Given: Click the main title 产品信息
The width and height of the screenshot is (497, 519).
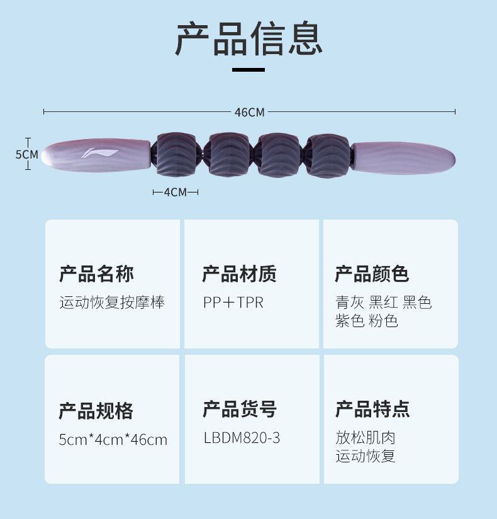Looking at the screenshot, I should click(x=248, y=38).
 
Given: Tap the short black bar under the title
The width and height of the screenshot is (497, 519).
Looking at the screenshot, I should click(x=248, y=69).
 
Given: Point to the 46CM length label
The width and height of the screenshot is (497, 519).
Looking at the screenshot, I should click(x=250, y=113).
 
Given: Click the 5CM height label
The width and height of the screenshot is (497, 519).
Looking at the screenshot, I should click(x=26, y=154).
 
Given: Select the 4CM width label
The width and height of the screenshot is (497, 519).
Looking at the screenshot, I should click(x=176, y=192).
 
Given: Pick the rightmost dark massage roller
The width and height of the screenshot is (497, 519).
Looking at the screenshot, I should click(x=327, y=155).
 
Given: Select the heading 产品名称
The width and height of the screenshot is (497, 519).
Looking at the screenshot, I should click(x=96, y=274).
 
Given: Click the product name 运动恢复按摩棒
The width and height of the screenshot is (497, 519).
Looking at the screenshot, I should click(x=112, y=303).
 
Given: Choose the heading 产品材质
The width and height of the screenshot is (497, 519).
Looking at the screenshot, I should click(x=239, y=274).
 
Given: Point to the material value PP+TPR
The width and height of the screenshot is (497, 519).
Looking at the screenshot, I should click(x=233, y=303).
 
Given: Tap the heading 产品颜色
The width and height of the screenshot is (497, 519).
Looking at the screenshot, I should click(x=372, y=274).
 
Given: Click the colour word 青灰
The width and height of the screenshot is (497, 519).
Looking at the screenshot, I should click(x=349, y=303).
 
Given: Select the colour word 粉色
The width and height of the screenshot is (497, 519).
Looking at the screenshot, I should click(x=383, y=321).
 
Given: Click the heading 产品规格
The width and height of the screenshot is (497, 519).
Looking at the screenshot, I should click(x=96, y=410).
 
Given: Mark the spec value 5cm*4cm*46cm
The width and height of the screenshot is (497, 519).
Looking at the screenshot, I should click(x=113, y=439).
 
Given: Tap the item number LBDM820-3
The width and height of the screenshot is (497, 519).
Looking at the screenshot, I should click(x=242, y=438).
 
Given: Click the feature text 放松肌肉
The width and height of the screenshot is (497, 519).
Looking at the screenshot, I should click(x=366, y=438).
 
